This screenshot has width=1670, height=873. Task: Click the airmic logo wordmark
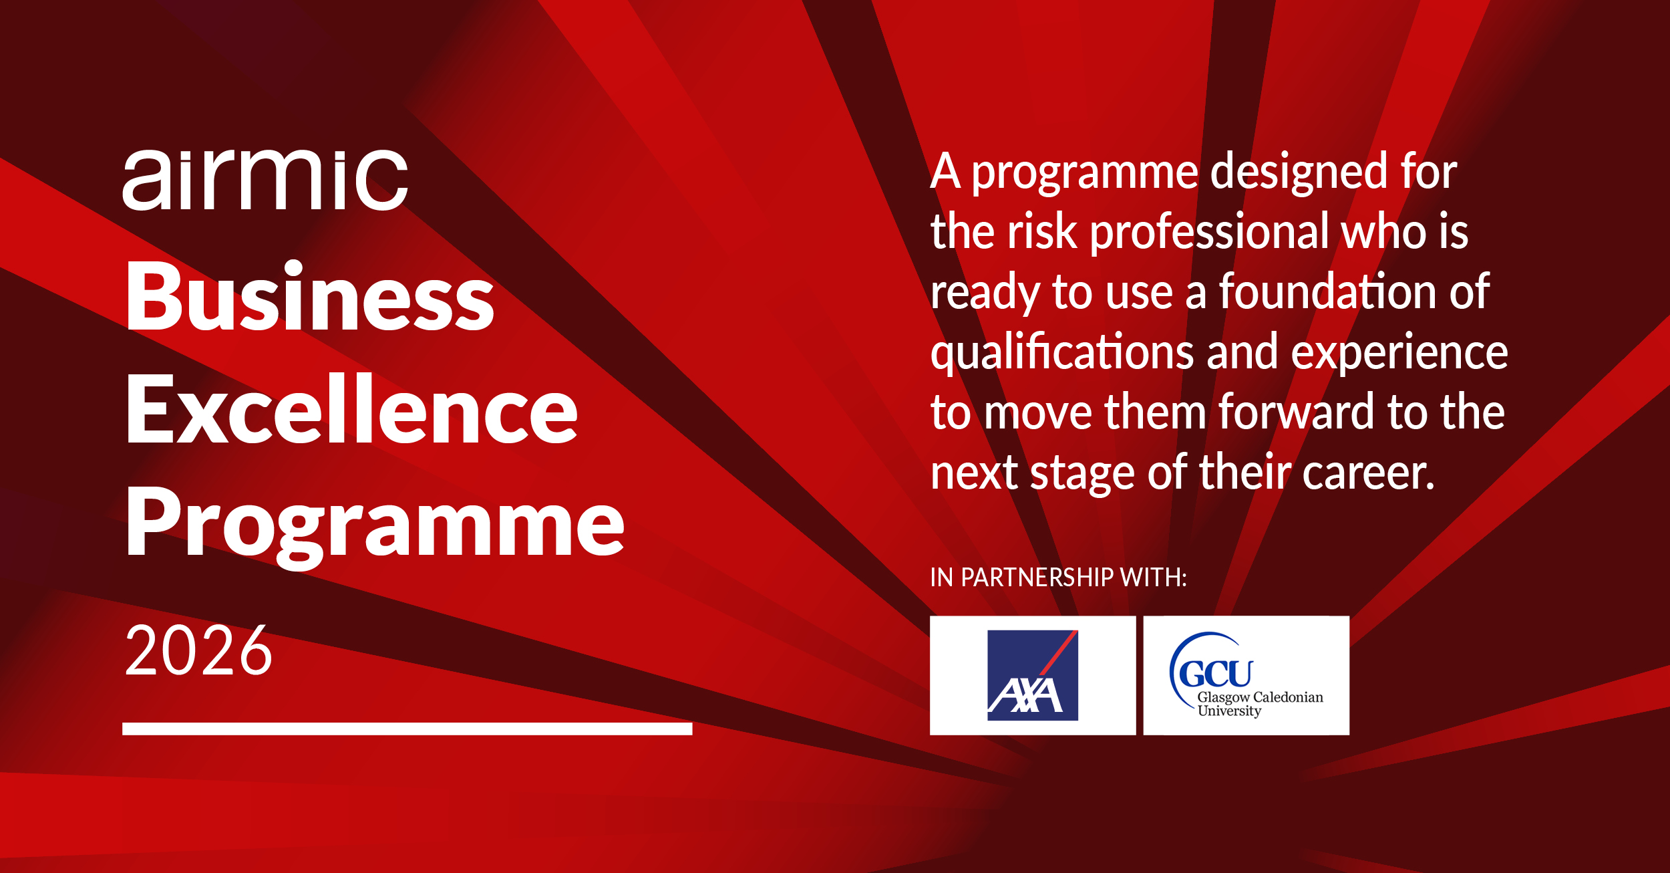pos(265,179)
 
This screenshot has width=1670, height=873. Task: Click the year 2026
pos(199,650)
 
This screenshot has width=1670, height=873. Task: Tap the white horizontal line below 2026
pos(407,729)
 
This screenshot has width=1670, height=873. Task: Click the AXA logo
pos(1033,675)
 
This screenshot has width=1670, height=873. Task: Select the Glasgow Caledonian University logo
pos(1246,675)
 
